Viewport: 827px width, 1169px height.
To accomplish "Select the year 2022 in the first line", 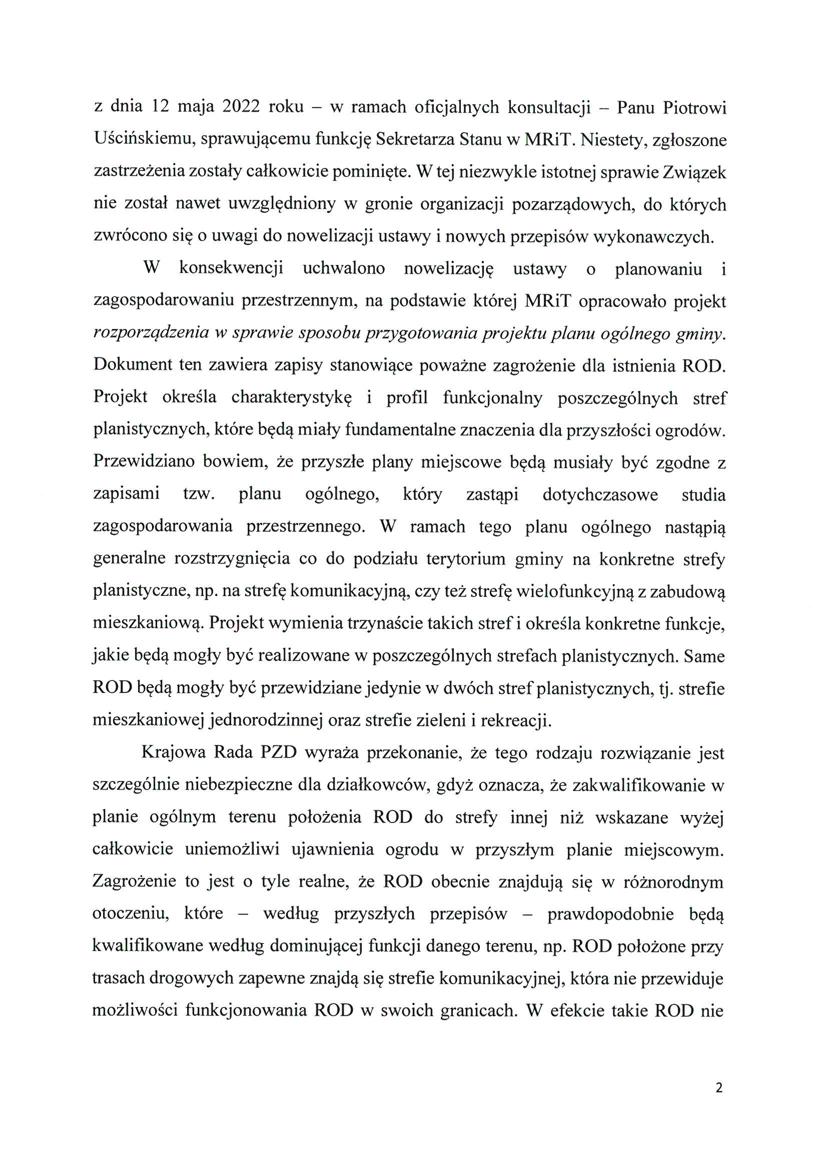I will tap(241, 107).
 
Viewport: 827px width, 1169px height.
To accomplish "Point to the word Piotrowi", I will tap(694, 107).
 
